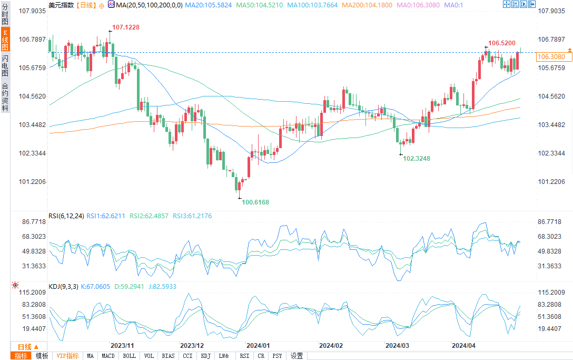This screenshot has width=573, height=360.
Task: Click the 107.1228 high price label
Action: coord(126,27)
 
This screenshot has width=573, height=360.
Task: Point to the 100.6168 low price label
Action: coord(255,202)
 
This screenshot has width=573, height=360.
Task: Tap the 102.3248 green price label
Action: coord(417,158)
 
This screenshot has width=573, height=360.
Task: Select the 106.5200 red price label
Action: coord(501,43)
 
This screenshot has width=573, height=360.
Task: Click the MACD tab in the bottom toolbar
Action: coord(108,356)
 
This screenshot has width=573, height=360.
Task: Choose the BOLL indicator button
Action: coord(129,356)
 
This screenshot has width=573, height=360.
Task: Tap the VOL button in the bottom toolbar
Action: coord(149,356)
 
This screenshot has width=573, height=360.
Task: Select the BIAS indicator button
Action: coord(168,356)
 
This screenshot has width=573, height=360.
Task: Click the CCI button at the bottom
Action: coord(187,356)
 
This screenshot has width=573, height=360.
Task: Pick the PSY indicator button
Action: coord(277,356)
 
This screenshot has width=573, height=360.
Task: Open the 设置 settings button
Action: coord(297,356)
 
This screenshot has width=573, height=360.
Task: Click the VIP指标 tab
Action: coord(68,356)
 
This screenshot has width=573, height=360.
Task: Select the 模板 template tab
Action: coord(42,356)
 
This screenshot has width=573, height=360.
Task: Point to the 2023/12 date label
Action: coord(192,346)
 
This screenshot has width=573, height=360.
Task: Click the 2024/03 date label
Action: coord(398,346)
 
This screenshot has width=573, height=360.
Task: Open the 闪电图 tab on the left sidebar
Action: coord(5,65)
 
